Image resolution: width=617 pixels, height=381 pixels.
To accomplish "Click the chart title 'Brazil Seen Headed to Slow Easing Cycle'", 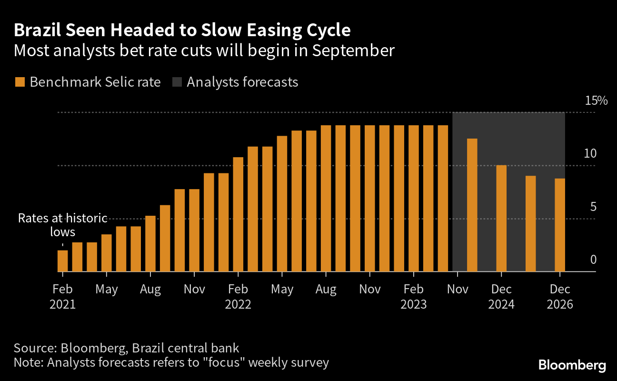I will coord(182,30).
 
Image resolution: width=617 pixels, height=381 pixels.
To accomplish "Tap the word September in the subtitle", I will coord(353,50).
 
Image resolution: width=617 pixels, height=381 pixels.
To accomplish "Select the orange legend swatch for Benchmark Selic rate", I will coord(20,82).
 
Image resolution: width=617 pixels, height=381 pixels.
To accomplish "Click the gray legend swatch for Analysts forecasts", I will coord(177,82).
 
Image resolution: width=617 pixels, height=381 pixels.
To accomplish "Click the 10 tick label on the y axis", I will coord(589,154).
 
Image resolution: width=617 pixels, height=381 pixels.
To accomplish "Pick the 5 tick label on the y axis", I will coord(593,207).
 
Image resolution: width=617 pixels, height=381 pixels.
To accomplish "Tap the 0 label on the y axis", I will coord(593,260).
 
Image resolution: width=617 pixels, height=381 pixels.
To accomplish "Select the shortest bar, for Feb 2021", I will coord(62,261).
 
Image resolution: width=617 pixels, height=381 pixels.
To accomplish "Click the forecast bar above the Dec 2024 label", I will coord(501,219).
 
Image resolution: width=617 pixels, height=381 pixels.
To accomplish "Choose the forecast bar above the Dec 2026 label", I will coord(560,225).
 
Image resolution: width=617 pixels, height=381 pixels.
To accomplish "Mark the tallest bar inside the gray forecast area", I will coord(472,205).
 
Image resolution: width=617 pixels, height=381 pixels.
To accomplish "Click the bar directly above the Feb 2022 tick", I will coord(238,214).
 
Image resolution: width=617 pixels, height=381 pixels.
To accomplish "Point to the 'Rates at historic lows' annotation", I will coord(62,225).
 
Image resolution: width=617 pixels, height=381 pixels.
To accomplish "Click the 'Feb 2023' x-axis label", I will coord(414,297).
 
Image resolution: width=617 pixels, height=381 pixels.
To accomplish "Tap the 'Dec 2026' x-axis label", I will coord(560,297).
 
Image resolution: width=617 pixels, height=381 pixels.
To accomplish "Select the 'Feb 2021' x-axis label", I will coord(62,297).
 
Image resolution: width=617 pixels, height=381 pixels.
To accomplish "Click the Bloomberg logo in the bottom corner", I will coord(572,366).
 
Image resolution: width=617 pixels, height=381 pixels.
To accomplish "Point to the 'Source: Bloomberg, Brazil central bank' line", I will coord(126,348).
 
